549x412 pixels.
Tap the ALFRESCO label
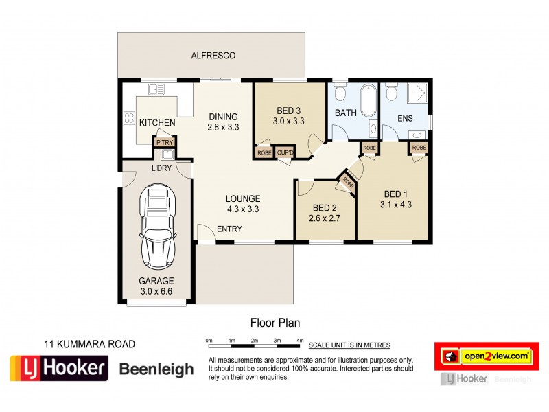[213, 55]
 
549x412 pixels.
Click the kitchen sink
[157, 89]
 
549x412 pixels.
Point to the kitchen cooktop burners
[128, 117]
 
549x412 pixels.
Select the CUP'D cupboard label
[284, 152]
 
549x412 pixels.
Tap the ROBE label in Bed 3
[264, 152]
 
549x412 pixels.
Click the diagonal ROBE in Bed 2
[348, 183]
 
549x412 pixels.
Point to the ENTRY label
[229, 229]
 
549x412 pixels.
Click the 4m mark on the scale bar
[299, 341]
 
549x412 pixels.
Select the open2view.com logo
[487, 356]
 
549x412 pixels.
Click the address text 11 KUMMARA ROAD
[90, 344]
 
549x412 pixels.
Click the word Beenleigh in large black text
[156, 369]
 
